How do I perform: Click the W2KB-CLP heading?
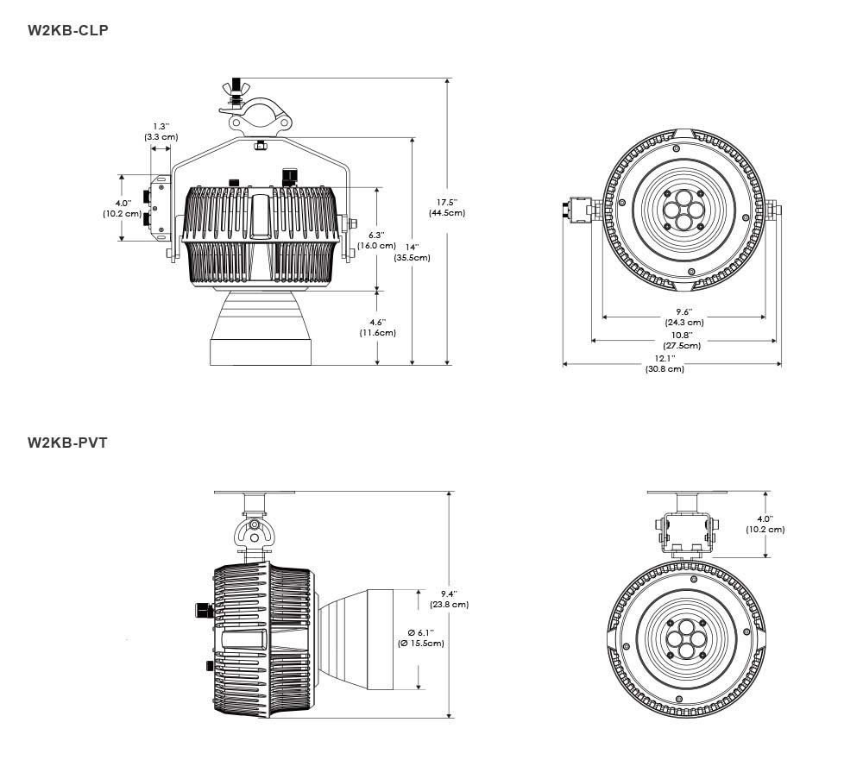(67, 30)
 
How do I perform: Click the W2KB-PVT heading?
(67, 443)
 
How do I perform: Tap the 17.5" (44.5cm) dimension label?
(447, 208)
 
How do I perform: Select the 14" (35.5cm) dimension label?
(413, 253)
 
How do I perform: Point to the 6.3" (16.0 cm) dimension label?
(376, 241)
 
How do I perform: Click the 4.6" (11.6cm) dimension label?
(378, 328)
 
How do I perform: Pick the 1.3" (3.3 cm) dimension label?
(161, 131)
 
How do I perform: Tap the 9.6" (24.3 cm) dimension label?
(684, 317)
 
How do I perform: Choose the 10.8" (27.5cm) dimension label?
(683, 340)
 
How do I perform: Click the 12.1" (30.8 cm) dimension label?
(665, 364)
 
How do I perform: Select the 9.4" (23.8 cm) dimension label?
(449, 599)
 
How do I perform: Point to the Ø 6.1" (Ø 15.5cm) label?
(421, 638)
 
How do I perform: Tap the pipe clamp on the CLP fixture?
(256, 116)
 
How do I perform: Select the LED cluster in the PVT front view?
(687, 639)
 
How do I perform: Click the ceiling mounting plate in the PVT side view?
(255, 492)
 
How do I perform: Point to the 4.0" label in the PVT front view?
(765, 524)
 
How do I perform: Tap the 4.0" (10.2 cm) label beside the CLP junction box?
(123, 208)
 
